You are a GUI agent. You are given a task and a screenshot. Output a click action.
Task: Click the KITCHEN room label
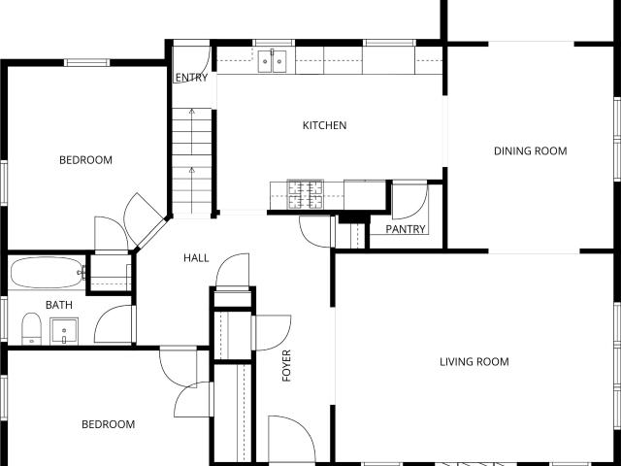click(x=324, y=125)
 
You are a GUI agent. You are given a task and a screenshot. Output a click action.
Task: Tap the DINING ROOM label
click(x=531, y=151)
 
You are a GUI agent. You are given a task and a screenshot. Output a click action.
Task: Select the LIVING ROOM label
click(x=474, y=361)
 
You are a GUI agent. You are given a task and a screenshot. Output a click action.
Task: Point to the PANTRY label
click(x=406, y=229)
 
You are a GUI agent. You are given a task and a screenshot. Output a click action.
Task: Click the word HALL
click(x=196, y=258)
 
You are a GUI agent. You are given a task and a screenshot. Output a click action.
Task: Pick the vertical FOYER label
click(x=286, y=365)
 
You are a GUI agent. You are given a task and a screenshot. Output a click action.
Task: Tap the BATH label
click(x=59, y=305)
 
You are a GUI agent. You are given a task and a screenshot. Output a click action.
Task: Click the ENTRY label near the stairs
click(x=191, y=78)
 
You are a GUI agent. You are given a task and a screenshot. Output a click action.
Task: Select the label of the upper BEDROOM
click(x=85, y=160)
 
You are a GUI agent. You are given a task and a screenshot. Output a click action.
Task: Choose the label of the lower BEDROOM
click(x=108, y=424)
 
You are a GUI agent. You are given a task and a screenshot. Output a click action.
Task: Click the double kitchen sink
click(x=272, y=61)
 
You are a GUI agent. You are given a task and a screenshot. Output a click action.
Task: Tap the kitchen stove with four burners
click(x=305, y=194)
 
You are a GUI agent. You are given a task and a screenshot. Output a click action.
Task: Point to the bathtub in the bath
click(x=47, y=272)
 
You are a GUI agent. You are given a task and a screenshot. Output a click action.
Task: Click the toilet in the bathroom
click(x=31, y=329)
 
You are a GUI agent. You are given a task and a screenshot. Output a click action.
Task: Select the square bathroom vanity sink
click(x=64, y=331)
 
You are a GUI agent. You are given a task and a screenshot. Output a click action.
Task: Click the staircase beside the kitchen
click(x=192, y=161)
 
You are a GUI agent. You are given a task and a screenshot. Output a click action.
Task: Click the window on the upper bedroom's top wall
click(x=86, y=62)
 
